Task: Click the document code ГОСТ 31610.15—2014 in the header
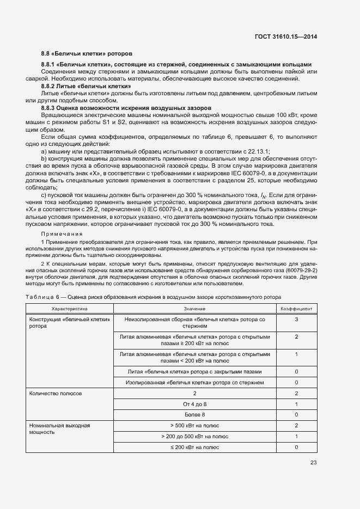[x=286, y=36]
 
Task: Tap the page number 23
[x=313, y=463]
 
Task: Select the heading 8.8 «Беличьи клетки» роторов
[x=87, y=54]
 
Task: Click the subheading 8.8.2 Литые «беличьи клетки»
[x=86, y=86]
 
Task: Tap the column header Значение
[x=194, y=309]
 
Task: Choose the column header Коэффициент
[x=296, y=309]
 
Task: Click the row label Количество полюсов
[x=56, y=393]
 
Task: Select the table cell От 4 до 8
[x=194, y=404]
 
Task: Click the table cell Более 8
[x=194, y=414]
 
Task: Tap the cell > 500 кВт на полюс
[x=194, y=425]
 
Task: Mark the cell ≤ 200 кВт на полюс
[x=194, y=447]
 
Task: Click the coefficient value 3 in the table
[x=296, y=319]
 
